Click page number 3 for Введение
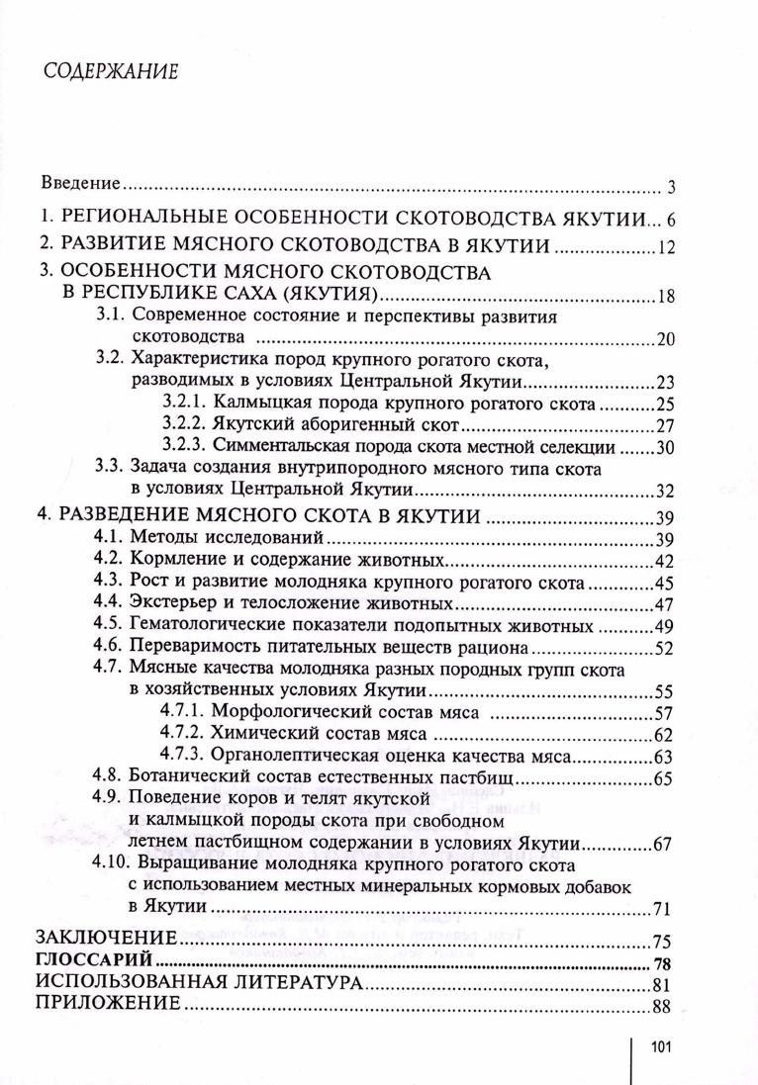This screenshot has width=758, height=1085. (x=670, y=187)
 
